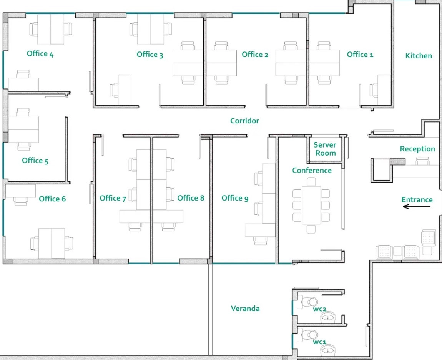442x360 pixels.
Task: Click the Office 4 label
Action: [x=40, y=54]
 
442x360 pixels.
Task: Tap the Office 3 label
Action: [x=150, y=55]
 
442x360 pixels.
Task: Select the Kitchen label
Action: [x=419, y=56]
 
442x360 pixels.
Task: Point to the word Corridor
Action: [x=244, y=121]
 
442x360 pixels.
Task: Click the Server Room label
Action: [x=325, y=149]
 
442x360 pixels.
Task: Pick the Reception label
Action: [x=417, y=149]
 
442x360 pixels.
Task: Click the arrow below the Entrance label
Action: [x=417, y=207]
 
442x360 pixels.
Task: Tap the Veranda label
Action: [x=245, y=309]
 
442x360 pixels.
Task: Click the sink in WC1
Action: [x=328, y=350]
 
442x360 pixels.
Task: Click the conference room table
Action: [x=311, y=205]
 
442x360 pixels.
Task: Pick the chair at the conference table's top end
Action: [x=311, y=181]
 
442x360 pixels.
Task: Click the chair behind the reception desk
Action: [x=422, y=161]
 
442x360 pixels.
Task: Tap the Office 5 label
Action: [x=35, y=161]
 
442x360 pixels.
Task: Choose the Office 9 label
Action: [x=235, y=198]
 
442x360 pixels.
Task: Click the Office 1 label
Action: [x=360, y=55]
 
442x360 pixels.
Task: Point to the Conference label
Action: [x=312, y=171]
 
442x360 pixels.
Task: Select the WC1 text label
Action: [x=319, y=342]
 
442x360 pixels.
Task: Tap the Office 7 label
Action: [x=113, y=198]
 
